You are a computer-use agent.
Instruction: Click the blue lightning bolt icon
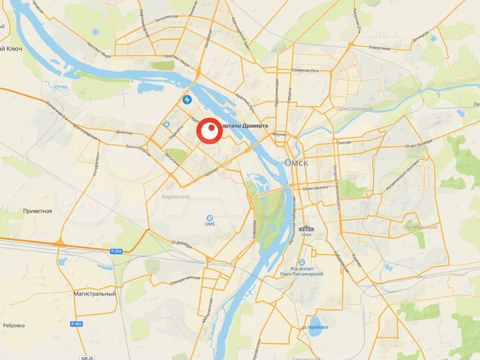(x=188, y=100)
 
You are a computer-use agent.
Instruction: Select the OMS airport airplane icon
(x=211, y=218)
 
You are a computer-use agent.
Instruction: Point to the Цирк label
(x=306, y=235)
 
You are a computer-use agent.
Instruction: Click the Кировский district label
(x=176, y=197)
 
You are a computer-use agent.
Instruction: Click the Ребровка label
(x=13, y=325)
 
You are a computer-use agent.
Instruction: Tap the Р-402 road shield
(x=76, y=324)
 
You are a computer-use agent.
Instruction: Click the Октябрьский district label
(x=421, y=227)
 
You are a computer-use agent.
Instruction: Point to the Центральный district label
(x=355, y=108)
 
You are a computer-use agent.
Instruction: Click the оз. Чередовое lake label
(x=315, y=327)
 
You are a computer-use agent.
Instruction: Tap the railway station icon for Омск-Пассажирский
(x=302, y=262)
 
